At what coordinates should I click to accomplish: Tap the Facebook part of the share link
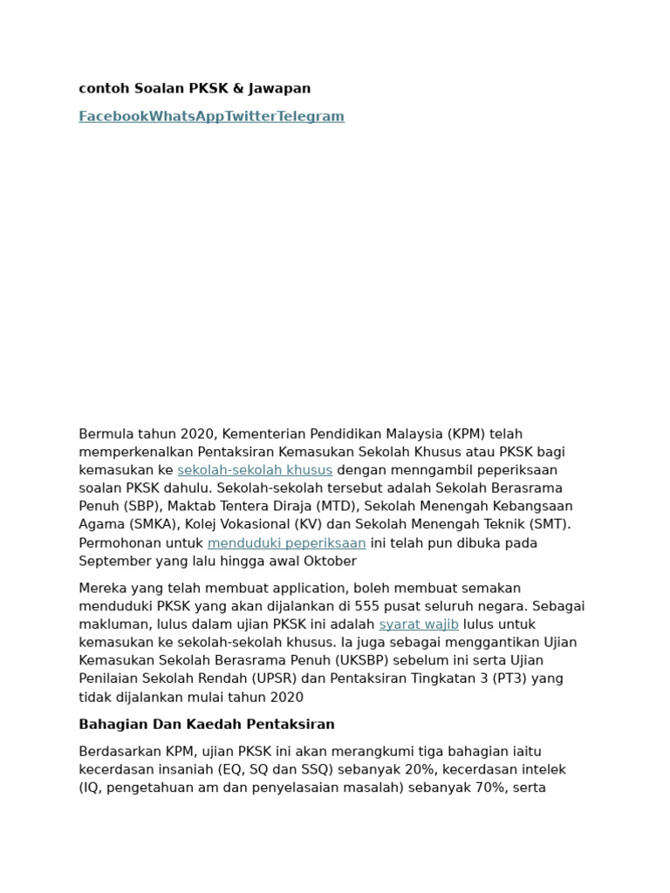(113, 116)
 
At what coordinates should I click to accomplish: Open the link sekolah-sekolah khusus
(255, 470)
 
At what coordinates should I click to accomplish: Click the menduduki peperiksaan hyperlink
(286, 542)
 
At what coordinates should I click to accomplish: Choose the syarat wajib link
(419, 624)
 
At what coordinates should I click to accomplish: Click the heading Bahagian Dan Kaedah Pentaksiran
(207, 725)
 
